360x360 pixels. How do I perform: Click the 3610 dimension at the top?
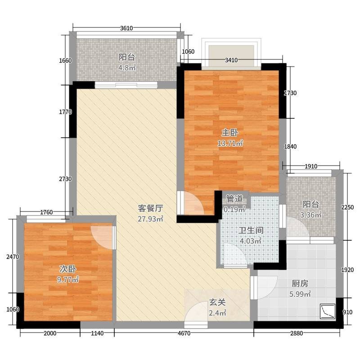tap(126, 28)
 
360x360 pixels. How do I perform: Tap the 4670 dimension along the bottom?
tap(184, 333)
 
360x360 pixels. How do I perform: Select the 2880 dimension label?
tap(297, 333)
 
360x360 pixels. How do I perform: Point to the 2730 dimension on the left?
tap(65, 179)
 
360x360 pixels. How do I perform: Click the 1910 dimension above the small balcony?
tap(311, 166)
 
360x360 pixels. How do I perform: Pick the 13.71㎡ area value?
tap(230, 144)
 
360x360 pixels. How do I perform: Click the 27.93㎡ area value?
tap(150, 219)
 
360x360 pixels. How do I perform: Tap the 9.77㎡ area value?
tap(68, 279)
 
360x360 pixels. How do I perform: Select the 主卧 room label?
tap(230, 133)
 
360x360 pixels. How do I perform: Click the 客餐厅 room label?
tap(150, 208)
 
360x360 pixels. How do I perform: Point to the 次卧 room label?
tap(68, 269)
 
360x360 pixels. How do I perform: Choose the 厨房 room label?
tap(300, 283)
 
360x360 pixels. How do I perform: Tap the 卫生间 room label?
tap(251, 230)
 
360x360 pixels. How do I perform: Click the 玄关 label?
tap(217, 302)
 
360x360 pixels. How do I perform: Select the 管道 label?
tap(234, 199)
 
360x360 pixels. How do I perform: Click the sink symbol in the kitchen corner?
tap(328, 311)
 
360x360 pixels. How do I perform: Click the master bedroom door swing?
tap(190, 203)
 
